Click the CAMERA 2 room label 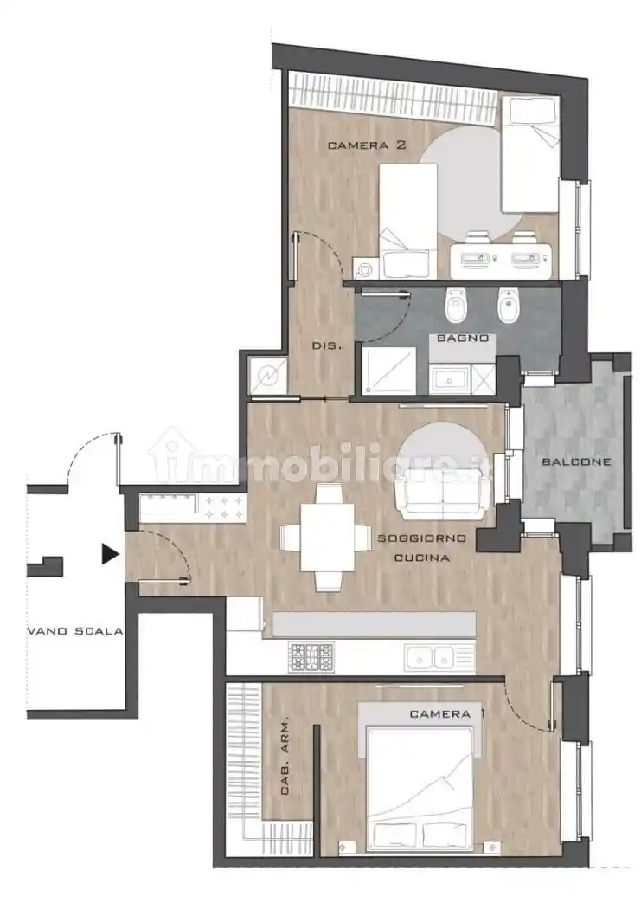click(x=367, y=145)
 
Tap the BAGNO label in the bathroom click(x=463, y=338)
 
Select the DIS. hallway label click(x=327, y=345)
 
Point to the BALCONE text click(x=576, y=462)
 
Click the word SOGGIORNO click(x=421, y=538)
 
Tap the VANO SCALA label click(x=75, y=631)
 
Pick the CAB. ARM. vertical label click(x=285, y=757)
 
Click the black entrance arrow click(x=110, y=554)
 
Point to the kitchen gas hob click(x=311, y=657)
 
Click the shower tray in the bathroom click(x=388, y=371)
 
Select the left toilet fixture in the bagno click(x=454, y=305)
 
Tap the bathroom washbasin click(x=449, y=380)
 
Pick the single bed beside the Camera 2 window click(x=529, y=154)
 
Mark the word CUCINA click(x=421, y=558)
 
